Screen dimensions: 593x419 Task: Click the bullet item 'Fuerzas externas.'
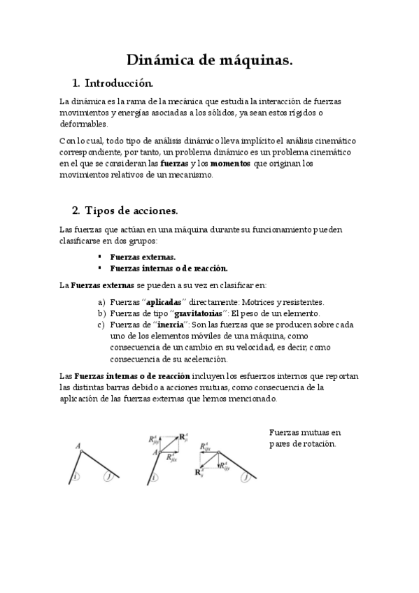tap(143, 257)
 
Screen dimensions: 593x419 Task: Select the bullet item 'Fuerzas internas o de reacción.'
tap(169, 268)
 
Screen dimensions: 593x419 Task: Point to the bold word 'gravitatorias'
tap(193, 313)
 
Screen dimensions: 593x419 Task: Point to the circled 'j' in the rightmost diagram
tap(246, 478)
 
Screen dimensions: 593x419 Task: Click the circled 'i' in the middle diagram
tap(153, 478)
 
